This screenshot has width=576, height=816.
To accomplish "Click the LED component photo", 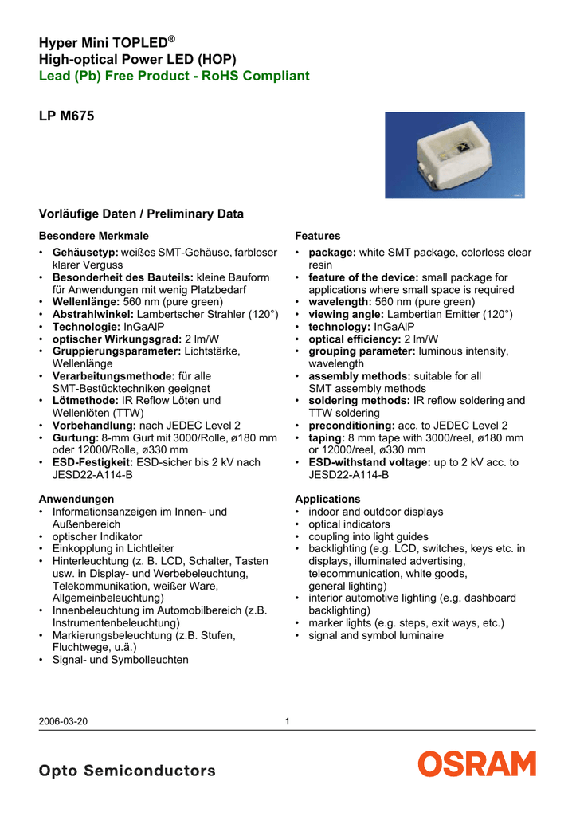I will pos(455,155).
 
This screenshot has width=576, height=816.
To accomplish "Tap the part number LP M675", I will pos(66,116).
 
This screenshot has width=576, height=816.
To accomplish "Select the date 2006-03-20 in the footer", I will pos(63,722).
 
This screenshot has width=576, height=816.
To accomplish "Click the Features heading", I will pos(317,237).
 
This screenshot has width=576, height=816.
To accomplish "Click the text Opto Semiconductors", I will pos(127,771).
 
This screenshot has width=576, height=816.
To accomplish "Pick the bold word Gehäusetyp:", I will pos(85,253).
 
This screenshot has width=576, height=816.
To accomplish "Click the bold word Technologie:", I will pos(88,327).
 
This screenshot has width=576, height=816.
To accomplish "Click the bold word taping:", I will pos(327,437).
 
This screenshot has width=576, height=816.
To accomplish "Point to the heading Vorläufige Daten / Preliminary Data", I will pos(141,214).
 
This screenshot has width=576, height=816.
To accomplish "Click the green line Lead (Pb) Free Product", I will pos(174,76).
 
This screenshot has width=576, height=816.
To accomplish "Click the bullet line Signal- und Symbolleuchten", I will pos(120,660).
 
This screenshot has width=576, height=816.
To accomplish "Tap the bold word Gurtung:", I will pos(76,437).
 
